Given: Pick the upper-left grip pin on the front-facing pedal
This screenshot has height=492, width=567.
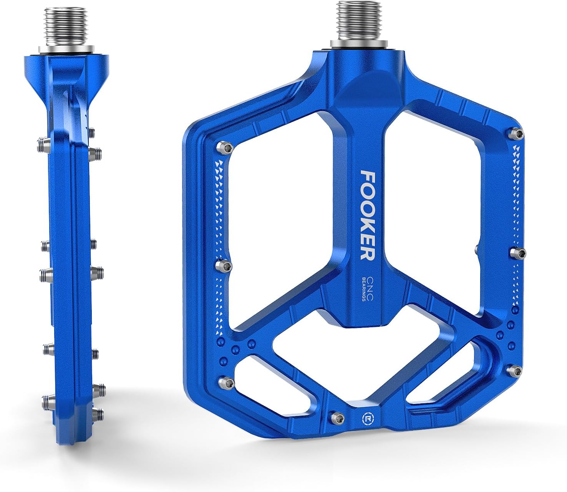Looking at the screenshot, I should (x=225, y=147).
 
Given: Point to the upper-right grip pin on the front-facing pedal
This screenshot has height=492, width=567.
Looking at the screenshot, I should (x=517, y=134).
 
